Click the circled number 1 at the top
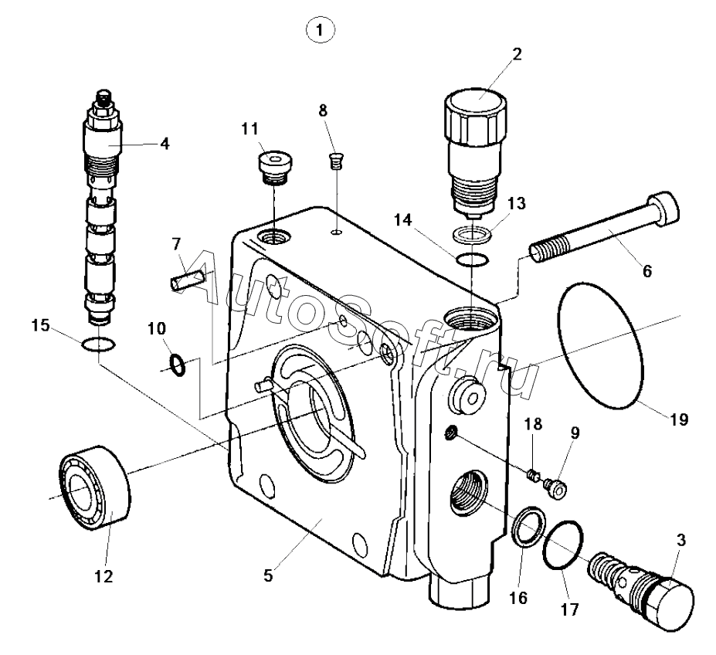320,30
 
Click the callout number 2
517,54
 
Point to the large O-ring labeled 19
600,344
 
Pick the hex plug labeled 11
275,167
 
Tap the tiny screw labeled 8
336,161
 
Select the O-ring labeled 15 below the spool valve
98,344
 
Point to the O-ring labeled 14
472,260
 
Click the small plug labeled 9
555,488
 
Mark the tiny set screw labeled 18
532,476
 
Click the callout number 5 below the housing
269,575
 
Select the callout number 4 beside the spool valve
165,144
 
